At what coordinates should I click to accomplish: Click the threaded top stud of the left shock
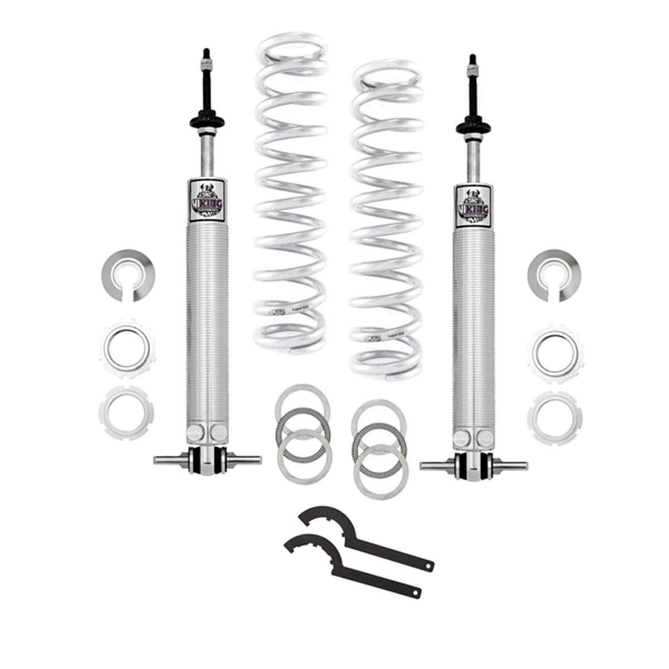tap(206, 59)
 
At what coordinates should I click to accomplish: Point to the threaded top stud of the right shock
tap(473, 64)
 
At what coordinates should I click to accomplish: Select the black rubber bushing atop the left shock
tap(206, 120)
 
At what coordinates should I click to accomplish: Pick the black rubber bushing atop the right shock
tap(473, 125)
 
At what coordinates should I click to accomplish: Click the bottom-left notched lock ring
tap(127, 412)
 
